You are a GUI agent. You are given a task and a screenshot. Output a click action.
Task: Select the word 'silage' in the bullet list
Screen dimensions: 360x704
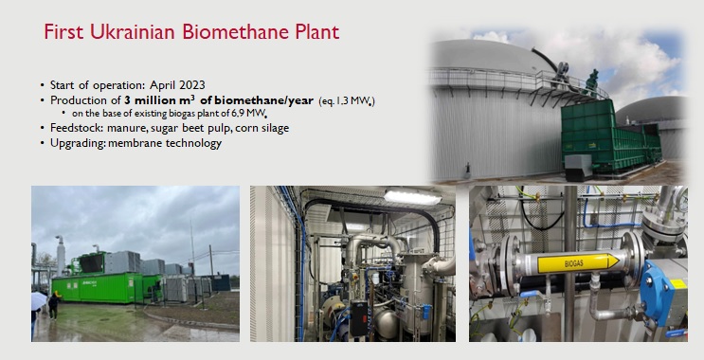click(270, 128)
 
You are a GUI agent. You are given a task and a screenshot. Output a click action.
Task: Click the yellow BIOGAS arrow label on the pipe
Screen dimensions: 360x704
click(577, 261)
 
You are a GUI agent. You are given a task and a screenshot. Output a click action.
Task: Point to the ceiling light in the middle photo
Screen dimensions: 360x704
click(411, 197)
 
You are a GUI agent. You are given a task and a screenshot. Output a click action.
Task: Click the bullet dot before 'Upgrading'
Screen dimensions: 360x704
click(42, 143)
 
